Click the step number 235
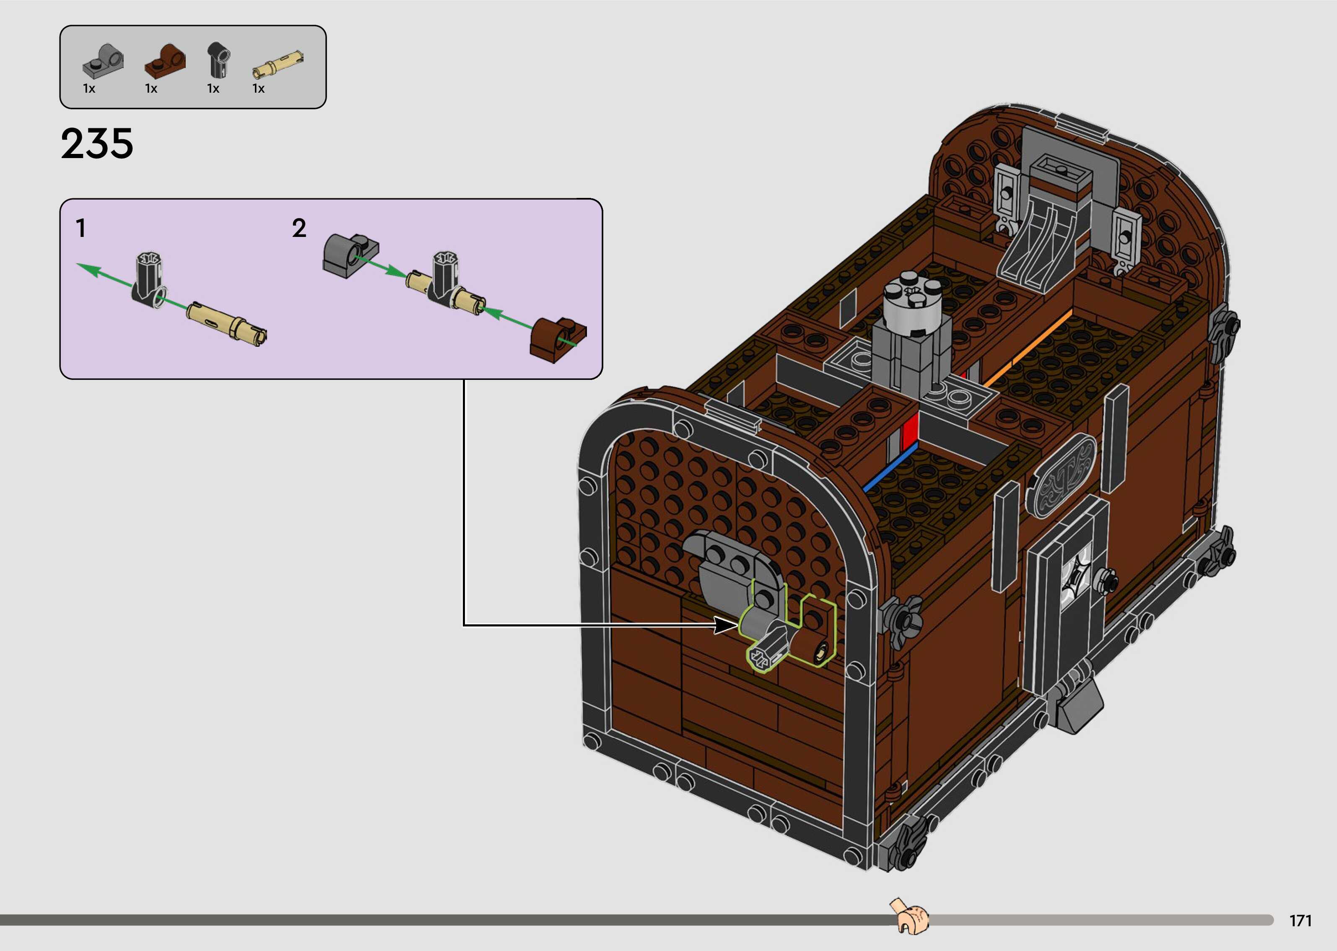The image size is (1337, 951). [x=97, y=144]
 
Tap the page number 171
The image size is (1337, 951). [x=1301, y=921]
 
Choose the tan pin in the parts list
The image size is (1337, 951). [x=278, y=64]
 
